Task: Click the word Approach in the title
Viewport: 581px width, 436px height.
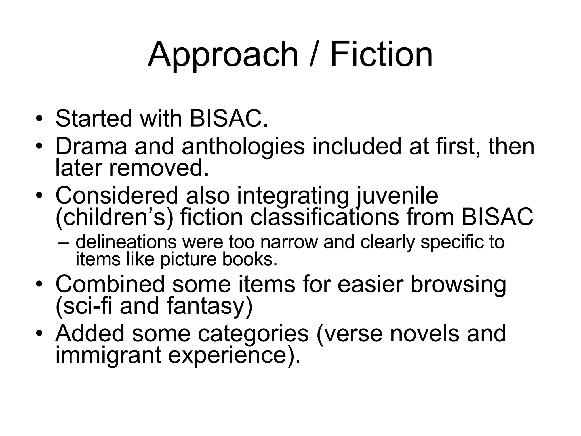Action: [x=223, y=54]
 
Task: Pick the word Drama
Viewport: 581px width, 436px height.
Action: [x=91, y=146]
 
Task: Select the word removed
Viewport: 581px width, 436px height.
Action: [x=159, y=168]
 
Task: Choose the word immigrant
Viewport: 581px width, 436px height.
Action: [x=108, y=356]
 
